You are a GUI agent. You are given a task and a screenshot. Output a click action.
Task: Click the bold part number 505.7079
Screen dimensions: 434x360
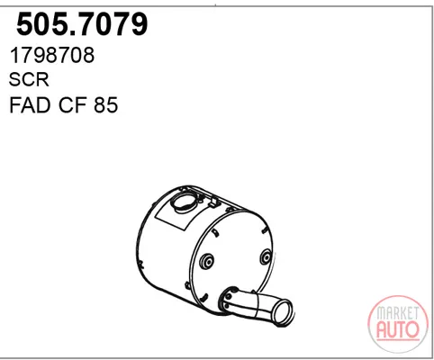[82, 24]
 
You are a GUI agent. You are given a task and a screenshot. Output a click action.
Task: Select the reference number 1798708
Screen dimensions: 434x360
[52, 56]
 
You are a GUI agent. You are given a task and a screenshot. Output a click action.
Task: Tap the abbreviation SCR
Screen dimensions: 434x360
[29, 80]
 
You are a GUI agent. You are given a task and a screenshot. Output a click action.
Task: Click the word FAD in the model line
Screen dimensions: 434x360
[30, 105]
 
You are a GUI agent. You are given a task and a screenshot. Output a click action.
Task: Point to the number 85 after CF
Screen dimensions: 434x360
[105, 105]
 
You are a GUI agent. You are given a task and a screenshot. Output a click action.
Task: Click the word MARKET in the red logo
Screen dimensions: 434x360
[398, 313]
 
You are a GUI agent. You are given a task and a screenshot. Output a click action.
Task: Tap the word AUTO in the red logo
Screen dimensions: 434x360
[398, 329]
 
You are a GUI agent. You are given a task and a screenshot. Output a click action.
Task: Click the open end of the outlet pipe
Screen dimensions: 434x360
[283, 312]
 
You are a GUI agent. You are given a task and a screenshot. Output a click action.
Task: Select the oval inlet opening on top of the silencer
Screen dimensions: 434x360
[183, 203]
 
